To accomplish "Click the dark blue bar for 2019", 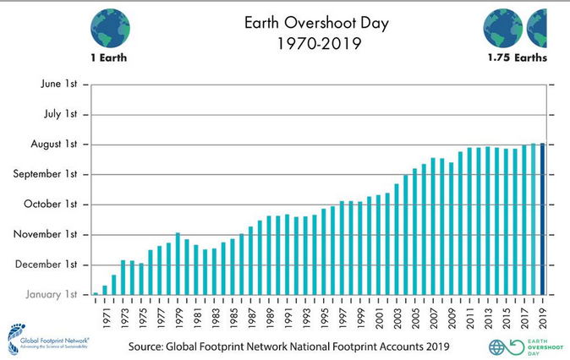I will (542, 219).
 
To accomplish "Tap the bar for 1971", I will (105, 290).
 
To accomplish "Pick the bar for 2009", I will (451, 228).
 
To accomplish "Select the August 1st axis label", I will (52, 144).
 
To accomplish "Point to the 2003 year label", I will (397, 314).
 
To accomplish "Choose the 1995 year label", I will (323, 314).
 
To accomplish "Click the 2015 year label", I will (506, 314).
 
